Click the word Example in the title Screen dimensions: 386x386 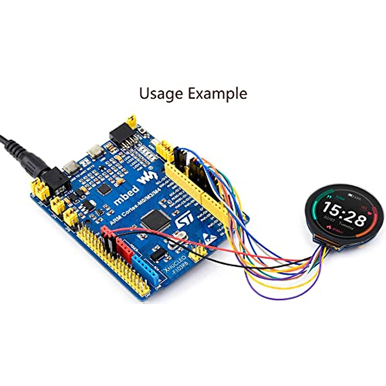point(217,94)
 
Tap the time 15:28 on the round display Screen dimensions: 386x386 point(345,215)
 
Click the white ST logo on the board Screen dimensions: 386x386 point(184,219)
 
